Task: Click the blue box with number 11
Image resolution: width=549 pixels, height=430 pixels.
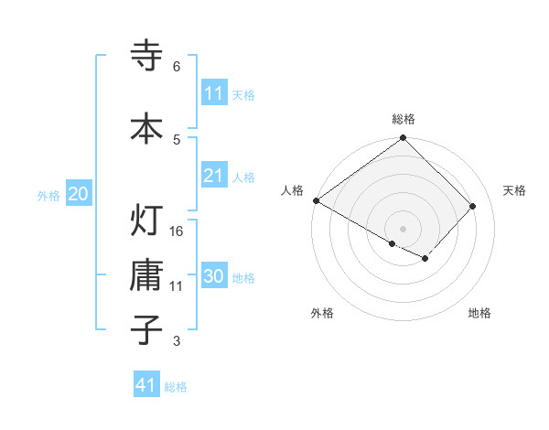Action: point(214,93)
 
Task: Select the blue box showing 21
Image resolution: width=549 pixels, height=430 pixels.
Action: point(214,176)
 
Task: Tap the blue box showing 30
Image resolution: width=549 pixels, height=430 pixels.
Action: point(214,277)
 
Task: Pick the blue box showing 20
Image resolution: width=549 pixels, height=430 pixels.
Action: point(79,194)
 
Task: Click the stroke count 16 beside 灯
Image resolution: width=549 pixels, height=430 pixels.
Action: point(178,231)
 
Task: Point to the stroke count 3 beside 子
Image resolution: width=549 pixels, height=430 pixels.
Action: point(176,341)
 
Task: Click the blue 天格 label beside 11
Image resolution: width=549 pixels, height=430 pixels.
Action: point(243,94)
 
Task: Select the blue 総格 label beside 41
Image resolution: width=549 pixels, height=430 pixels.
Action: point(176,386)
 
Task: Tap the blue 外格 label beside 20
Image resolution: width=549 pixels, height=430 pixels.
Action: point(48,195)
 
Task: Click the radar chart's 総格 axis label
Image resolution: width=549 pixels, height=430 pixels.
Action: point(404,119)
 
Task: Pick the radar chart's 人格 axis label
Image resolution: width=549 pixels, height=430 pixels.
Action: point(293,190)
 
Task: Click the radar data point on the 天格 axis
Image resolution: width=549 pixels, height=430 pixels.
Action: point(473,207)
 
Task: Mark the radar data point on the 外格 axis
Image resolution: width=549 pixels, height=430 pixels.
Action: point(393,244)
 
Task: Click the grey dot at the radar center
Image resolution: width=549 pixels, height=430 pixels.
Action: point(403,228)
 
